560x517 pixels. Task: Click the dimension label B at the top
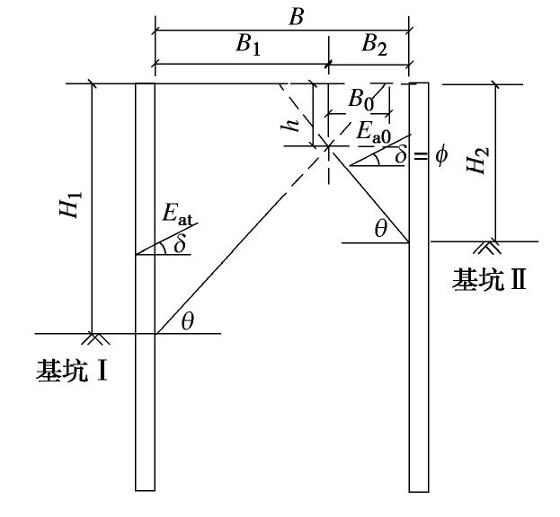point(280,14)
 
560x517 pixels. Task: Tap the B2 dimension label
point(374,47)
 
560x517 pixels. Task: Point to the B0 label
point(361,97)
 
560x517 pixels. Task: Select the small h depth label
point(289,126)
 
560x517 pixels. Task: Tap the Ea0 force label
point(374,133)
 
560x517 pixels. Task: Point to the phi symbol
point(440,154)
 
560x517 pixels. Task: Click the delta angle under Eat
point(182,243)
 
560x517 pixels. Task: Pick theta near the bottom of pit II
point(380,230)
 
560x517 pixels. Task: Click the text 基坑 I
point(72,369)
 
